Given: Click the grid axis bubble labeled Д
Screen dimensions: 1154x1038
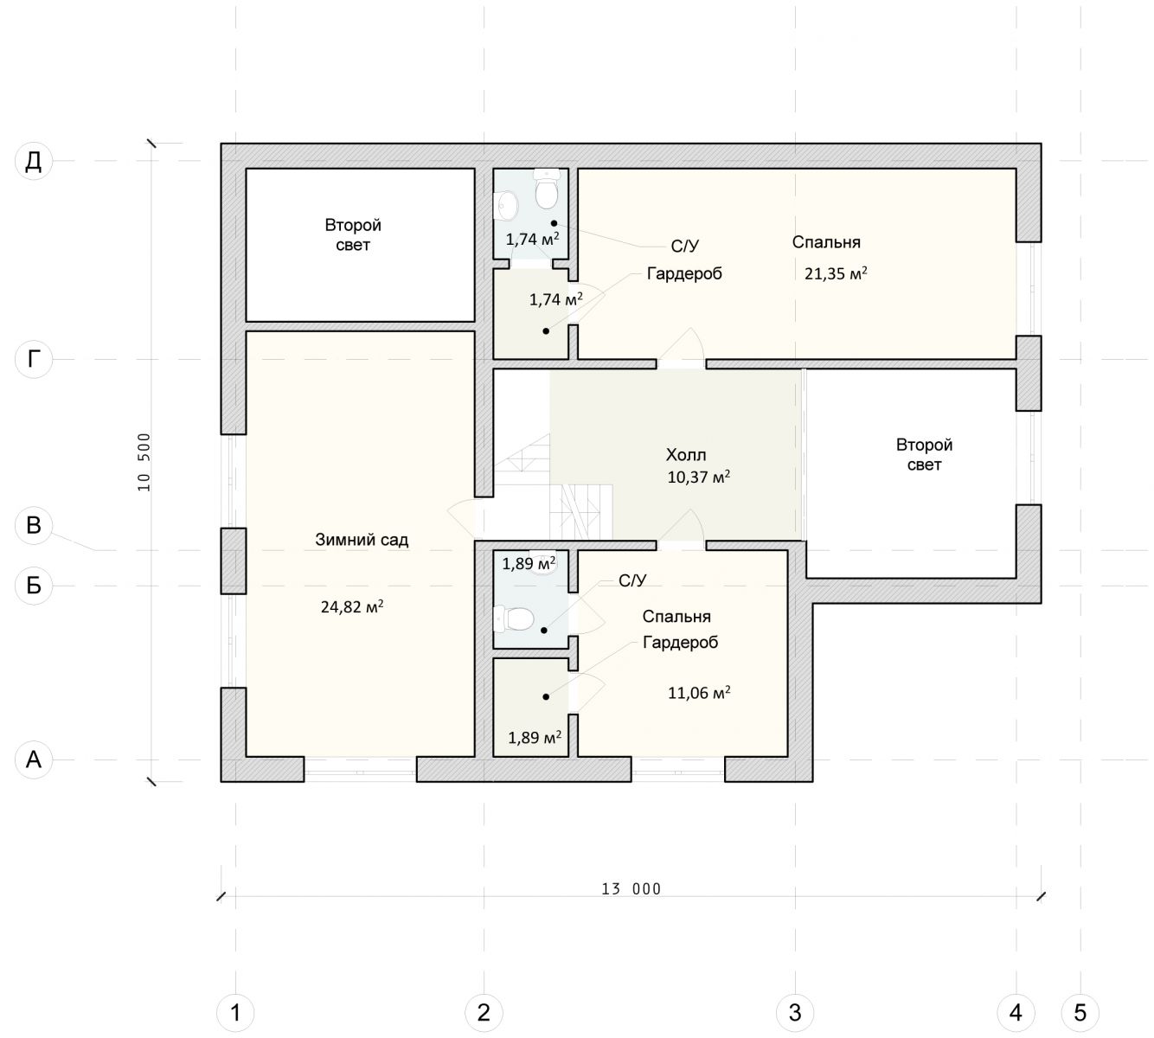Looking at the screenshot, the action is point(34,161).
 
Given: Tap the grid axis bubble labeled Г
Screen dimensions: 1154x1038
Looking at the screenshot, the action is point(34,359).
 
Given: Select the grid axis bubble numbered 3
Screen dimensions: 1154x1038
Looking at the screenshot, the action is point(795,1012).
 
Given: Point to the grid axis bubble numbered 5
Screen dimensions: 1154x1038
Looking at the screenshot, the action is point(1080,1012).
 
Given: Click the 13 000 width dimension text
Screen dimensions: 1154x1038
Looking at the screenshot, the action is point(631,889).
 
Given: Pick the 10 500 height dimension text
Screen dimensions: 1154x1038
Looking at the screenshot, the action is point(144,462).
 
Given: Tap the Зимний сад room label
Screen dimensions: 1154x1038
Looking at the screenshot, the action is point(362,540).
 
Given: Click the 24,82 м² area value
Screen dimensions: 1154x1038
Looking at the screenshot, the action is point(352,606).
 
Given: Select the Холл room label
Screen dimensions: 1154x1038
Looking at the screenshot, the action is point(686,455).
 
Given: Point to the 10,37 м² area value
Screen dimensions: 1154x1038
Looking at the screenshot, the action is point(698,477).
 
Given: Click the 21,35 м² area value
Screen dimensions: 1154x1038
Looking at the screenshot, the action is point(836,273).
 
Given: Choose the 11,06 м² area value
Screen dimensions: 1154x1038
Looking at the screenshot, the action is point(699,693).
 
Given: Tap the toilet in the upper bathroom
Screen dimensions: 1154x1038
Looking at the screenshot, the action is point(546,189).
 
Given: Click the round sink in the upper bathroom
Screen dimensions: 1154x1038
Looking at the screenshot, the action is point(506,205).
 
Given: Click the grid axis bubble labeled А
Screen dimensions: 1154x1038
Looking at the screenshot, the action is point(34,759).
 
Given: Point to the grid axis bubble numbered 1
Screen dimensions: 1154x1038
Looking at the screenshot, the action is point(235,1012).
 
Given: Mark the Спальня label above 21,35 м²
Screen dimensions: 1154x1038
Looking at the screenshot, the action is point(826,242).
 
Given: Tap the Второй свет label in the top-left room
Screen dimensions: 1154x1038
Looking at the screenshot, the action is point(353,234).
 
